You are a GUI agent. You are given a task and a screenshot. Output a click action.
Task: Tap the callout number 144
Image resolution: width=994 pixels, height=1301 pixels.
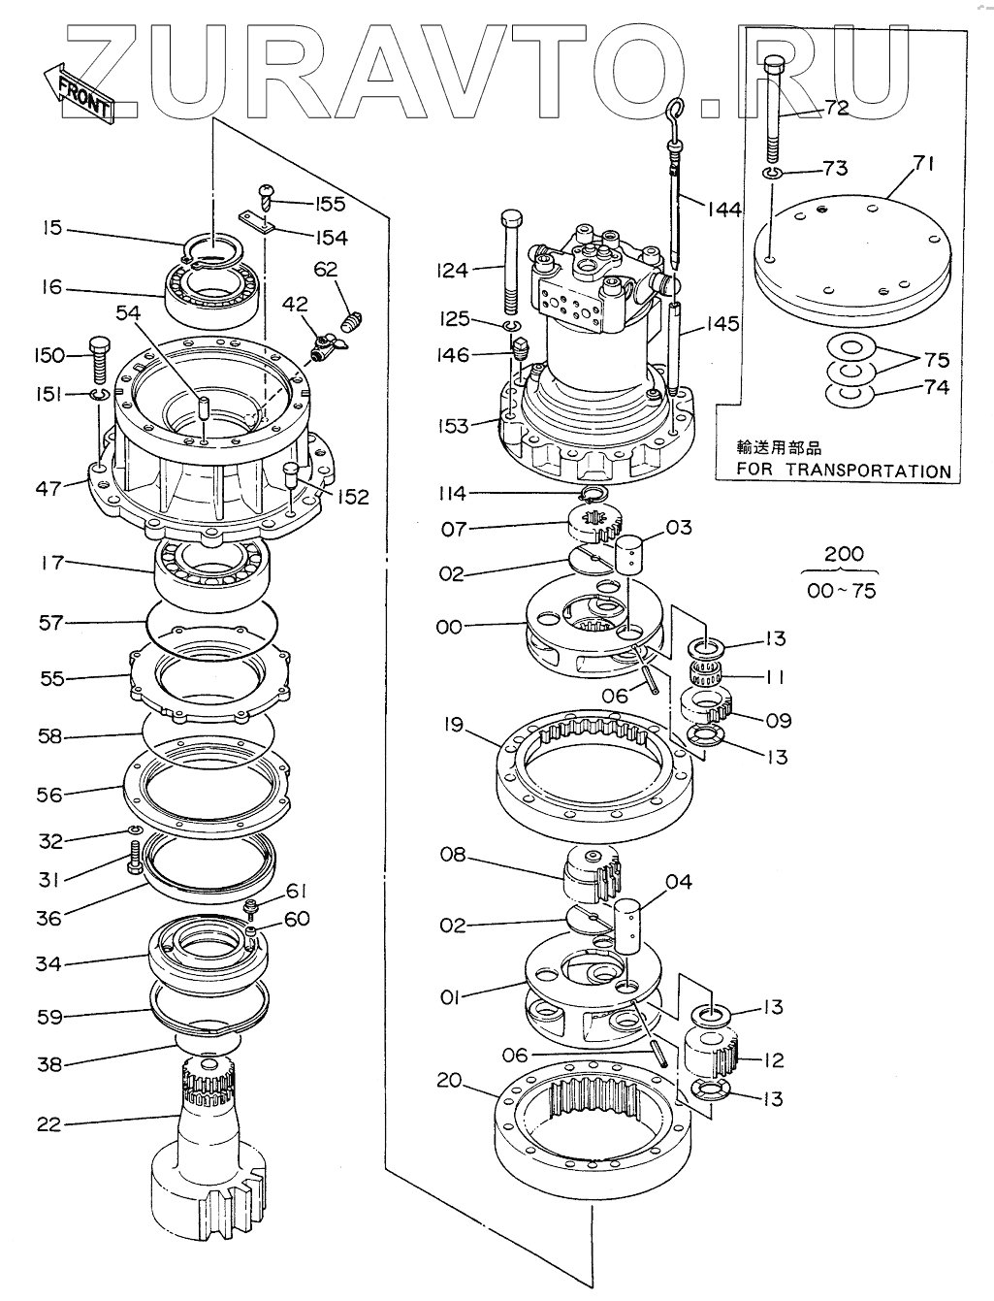pos(723,209)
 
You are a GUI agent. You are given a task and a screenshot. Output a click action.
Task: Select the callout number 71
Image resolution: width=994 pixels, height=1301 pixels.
pos(922,164)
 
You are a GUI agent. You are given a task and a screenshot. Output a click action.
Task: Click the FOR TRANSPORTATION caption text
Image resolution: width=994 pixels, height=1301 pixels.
pos(843,471)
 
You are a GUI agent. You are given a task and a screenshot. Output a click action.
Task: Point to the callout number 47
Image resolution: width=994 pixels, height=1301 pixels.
pos(49,487)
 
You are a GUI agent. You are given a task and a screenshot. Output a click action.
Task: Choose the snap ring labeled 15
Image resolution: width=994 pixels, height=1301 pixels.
pos(218,248)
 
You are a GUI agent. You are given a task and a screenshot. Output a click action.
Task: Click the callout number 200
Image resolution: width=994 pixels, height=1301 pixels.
pos(843,554)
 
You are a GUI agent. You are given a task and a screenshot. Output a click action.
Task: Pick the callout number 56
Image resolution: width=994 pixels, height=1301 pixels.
pos(48,795)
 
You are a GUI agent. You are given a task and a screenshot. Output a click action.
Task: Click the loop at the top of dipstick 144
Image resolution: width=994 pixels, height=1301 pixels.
pos(677,108)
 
